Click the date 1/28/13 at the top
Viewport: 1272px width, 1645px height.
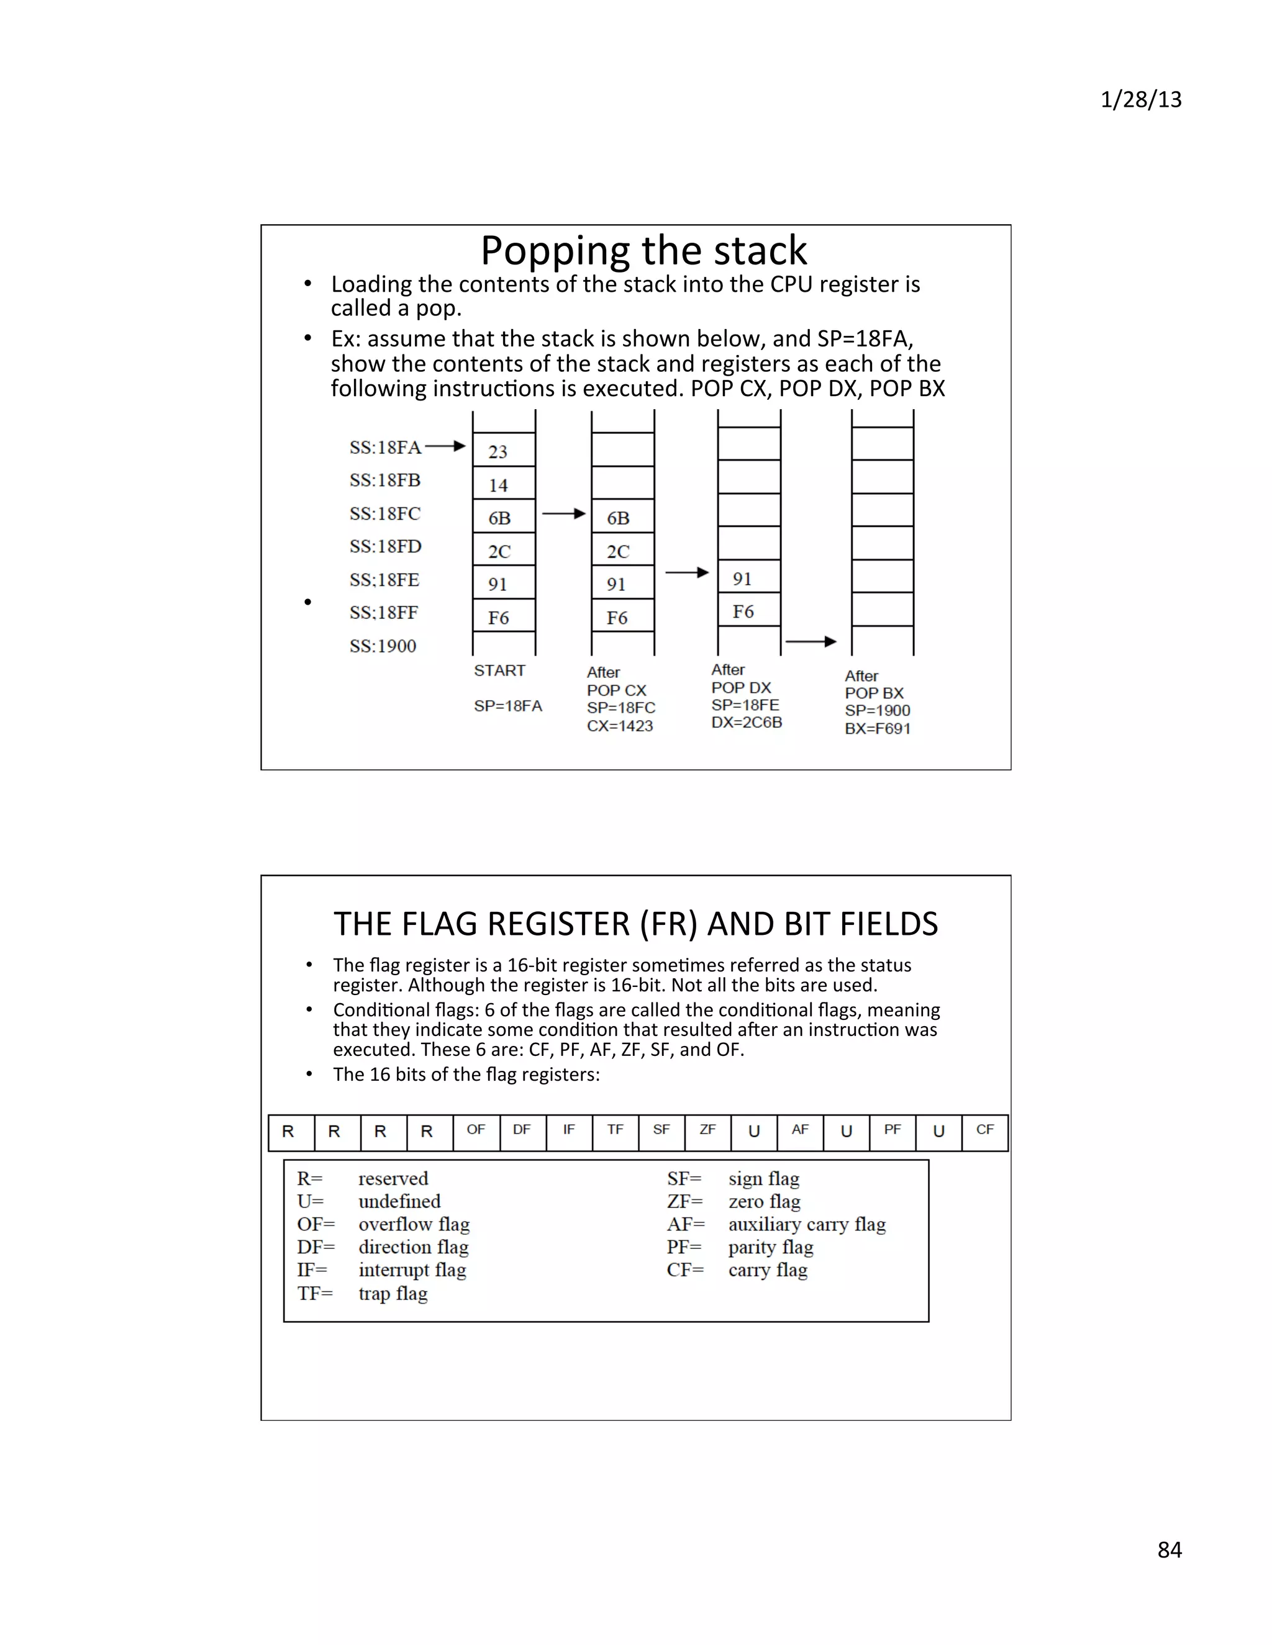(x=1140, y=99)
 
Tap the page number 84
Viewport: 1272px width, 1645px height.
(x=1169, y=1549)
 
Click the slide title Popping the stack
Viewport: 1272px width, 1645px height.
(x=643, y=250)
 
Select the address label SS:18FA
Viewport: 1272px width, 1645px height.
(x=385, y=448)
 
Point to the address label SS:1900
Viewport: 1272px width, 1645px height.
(x=383, y=646)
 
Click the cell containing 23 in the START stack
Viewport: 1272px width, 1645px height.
(x=503, y=451)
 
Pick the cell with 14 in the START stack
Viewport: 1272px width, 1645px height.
(x=503, y=484)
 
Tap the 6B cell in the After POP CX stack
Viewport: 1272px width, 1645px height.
(x=622, y=518)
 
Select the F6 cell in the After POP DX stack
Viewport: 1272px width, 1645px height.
(x=748, y=611)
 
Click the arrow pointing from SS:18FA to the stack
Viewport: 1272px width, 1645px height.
(x=445, y=446)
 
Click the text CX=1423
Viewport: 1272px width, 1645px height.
(x=619, y=726)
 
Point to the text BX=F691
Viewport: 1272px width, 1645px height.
(x=877, y=728)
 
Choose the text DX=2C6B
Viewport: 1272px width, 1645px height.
(x=747, y=723)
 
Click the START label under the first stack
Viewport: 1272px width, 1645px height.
(x=499, y=670)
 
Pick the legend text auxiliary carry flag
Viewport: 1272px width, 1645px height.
(x=806, y=1224)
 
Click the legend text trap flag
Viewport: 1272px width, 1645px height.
(x=393, y=1293)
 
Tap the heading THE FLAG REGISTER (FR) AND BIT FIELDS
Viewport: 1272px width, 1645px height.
(x=635, y=924)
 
